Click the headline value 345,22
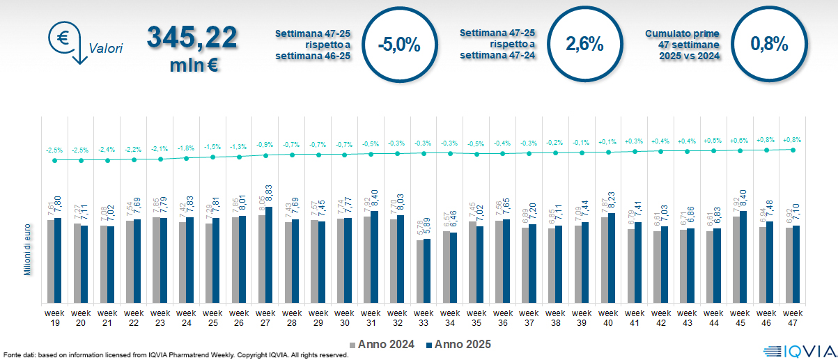point(192,38)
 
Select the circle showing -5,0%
point(398,45)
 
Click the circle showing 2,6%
point(584,45)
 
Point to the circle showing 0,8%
point(769,45)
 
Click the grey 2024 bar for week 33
point(420,272)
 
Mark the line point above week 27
point(266,156)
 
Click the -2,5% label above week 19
point(54,150)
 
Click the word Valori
point(106,49)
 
